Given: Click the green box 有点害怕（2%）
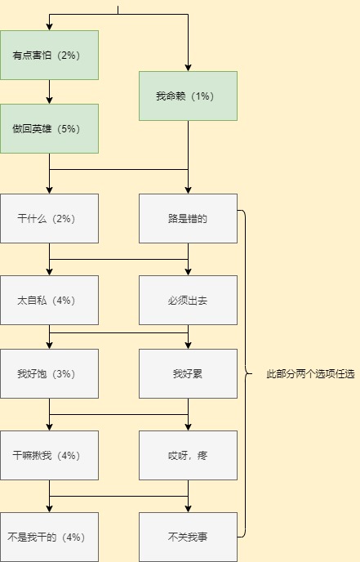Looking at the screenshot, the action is click(x=49, y=56).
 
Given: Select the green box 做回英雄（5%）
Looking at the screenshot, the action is click(x=49, y=129).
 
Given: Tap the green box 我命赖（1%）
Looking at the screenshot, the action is click(x=188, y=96).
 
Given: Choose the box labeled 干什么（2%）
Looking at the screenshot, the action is click(x=49, y=219).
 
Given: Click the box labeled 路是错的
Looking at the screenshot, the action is click(x=188, y=219).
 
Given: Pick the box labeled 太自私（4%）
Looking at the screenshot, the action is click(x=49, y=301).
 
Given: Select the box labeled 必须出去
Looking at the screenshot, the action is click(x=188, y=301).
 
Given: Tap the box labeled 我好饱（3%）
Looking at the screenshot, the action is click(x=49, y=374).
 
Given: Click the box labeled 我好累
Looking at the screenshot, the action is click(x=188, y=374).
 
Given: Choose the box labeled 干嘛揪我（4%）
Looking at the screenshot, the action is click(x=49, y=456).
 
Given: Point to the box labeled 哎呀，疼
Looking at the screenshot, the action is click(x=188, y=456).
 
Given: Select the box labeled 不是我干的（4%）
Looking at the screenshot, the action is click(x=49, y=537).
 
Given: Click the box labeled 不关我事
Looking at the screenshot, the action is click(x=188, y=537).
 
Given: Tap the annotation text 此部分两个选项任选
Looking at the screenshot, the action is click(x=310, y=374).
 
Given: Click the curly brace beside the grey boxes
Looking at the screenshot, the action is click(x=246, y=374).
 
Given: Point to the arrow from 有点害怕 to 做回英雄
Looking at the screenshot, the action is click(x=50, y=91).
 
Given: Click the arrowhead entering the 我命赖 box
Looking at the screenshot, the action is click(x=188, y=68).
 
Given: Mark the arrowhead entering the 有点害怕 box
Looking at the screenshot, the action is click(x=50, y=27).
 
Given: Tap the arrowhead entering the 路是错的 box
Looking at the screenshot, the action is click(x=188, y=190).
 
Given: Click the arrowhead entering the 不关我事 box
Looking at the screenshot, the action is click(x=188, y=509).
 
